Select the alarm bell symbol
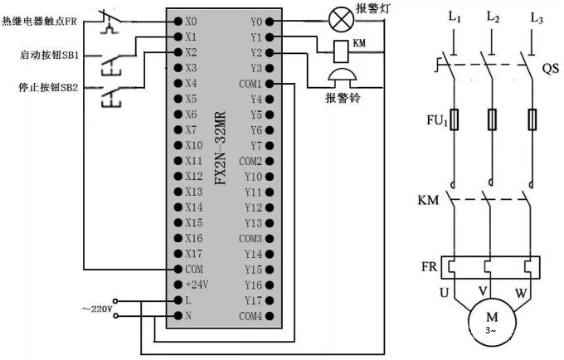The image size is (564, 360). (341, 79)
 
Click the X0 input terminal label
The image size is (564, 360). (192, 20)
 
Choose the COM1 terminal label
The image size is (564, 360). (251, 85)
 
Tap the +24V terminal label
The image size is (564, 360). (196, 285)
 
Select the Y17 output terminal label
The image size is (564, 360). (253, 301)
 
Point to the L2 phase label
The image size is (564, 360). (494, 17)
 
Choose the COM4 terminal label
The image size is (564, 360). (251, 317)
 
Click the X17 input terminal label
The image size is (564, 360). (193, 254)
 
